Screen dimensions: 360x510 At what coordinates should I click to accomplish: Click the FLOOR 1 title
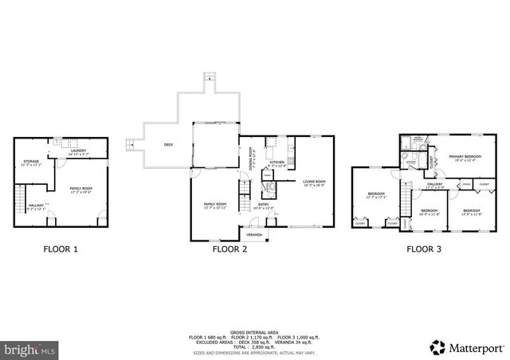(x=61, y=249)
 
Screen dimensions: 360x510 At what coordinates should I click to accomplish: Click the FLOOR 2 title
(x=229, y=249)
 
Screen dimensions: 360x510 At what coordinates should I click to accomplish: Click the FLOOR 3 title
(x=425, y=249)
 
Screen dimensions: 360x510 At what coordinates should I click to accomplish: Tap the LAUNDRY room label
(x=77, y=151)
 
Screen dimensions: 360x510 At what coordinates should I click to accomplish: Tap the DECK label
(x=168, y=144)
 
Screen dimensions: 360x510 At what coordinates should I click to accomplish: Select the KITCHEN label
(x=277, y=163)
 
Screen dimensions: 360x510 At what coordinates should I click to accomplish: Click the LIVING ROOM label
(x=315, y=182)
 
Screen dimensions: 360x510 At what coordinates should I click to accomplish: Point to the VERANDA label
(x=254, y=235)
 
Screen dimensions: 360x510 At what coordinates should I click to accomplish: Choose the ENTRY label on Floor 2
(x=263, y=205)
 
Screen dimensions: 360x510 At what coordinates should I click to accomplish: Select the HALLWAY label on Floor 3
(x=435, y=185)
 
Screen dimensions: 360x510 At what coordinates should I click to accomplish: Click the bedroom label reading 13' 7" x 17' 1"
(x=376, y=195)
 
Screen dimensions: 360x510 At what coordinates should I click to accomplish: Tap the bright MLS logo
(x=30, y=349)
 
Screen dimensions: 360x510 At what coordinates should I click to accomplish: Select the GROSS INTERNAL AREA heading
(x=254, y=331)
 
